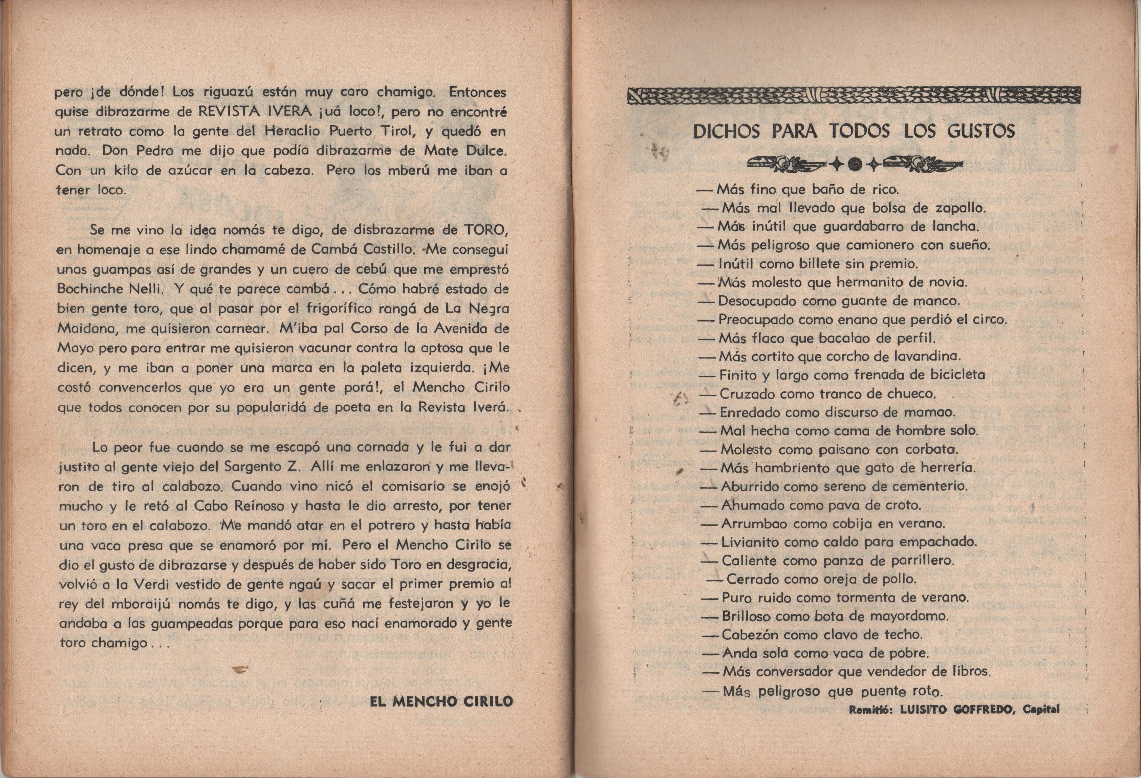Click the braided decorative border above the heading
(854, 96)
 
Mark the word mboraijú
(116, 604)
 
